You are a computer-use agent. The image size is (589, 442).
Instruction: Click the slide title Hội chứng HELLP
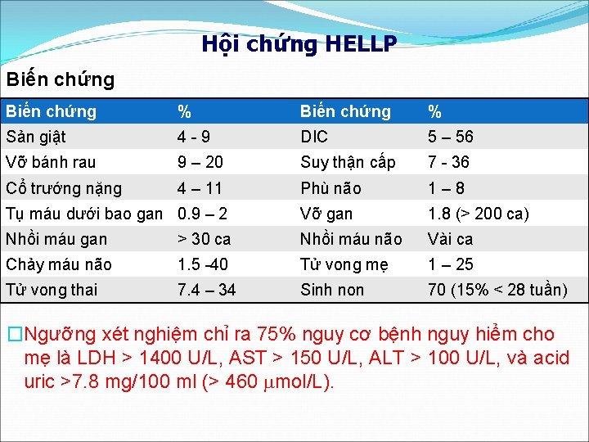tap(299, 44)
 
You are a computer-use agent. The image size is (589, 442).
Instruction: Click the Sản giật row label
tap(36, 137)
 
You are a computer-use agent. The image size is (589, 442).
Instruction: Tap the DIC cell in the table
tap(314, 137)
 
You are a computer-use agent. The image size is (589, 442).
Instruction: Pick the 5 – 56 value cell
tap(451, 137)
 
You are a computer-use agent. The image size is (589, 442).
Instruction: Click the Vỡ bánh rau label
tap(52, 162)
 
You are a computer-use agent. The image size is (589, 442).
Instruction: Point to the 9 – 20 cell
tap(200, 162)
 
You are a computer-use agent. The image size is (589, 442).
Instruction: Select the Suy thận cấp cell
tap(348, 162)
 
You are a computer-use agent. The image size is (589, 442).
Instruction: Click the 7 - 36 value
tap(449, 162)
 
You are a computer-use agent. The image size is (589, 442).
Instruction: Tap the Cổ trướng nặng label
tap(64, 188)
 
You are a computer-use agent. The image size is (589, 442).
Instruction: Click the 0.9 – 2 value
tap(202, 214)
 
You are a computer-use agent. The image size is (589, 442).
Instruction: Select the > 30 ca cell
tap(205, 239)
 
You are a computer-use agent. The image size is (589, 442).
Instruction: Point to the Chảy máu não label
tap(59, 264)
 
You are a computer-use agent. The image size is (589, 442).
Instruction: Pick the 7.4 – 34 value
tap(206, 290)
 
